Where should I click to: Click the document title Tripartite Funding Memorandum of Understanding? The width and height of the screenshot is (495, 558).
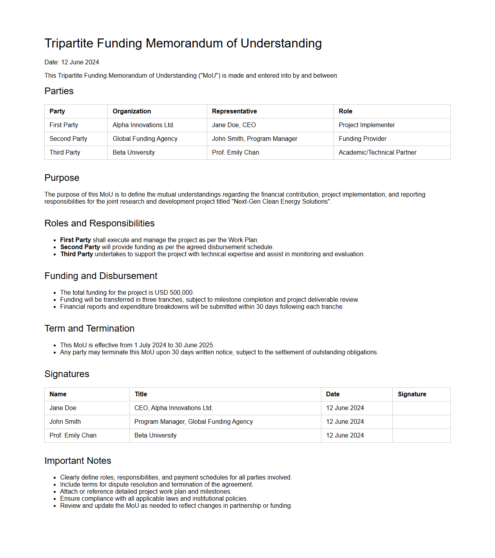pyautogui.click(x=183, y=43)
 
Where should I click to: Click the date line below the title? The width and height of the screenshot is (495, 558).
pyautogui.click(x=72, y=62)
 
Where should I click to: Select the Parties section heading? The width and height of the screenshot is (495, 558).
pyautogui.click(x=59, y=91)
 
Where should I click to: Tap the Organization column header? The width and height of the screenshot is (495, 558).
pyautogui.click(x=132, y=111)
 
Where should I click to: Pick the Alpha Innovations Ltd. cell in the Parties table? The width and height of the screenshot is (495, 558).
pyautogui.click(x=143, y=125)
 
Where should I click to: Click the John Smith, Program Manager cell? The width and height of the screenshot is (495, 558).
pyautogui.click(x=254, y=139)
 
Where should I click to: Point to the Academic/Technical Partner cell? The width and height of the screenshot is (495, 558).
pyautogui.click(x=377, y=153)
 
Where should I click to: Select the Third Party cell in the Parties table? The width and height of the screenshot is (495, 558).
pyautogui.click(x=65, y=153)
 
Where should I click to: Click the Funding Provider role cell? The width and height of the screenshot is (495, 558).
pyautogui.click(x=363, y=139)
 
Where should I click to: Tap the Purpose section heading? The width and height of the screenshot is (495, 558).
pyautogui.click(x=62, y=178)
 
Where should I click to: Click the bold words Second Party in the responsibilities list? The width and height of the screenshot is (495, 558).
pyautogui.click(x=80, y=247)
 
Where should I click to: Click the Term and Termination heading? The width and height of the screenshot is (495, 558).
pyautogui.click(x=89, y=328)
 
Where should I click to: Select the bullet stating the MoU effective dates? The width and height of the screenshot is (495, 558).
pyautogui.click(x=137, y=345)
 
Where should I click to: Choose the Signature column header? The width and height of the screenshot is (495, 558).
pyautogui.click(x=412, y=394)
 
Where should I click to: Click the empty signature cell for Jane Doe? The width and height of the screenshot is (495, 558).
pyautogui.click(x=421, y=408)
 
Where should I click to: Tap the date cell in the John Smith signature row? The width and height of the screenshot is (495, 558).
pyautogui.click(x=345, y=422)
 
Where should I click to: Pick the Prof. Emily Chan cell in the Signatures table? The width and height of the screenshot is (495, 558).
pyautogui.click(x=73, y=436)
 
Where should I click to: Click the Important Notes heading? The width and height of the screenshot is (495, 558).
pyautogui.click(x=78, y=461)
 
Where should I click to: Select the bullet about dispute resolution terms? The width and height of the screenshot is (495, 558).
pyautogui.click(x=156, y=485)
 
